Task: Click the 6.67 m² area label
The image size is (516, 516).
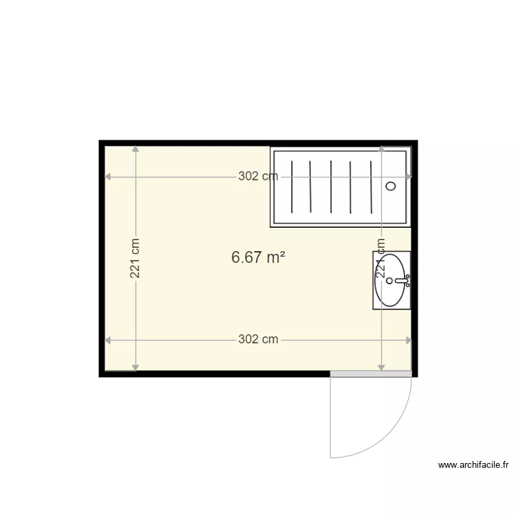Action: [258, 257]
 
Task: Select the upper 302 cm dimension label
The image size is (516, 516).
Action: [258, 176]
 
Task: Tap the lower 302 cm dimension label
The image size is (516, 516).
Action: [258, 339]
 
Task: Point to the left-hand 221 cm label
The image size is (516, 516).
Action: [136, 258]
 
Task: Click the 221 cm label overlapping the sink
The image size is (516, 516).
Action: [380, 258]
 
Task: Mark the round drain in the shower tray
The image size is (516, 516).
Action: [391, 186]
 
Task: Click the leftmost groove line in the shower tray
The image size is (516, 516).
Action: [292, 186]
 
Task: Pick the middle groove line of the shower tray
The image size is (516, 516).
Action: [331, 186]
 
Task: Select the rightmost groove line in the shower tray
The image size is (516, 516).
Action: [371, 186]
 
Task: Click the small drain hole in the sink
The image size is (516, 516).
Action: [390, 281]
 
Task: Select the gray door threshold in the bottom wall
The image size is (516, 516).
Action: [371, 374]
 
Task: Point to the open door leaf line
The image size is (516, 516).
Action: [331, 416]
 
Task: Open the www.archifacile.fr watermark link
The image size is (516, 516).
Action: [474, 465]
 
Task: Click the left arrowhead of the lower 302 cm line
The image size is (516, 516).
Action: [107, 339]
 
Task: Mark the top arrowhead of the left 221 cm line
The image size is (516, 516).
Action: [136, 149]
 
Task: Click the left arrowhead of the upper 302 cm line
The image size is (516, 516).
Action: [107, 177]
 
